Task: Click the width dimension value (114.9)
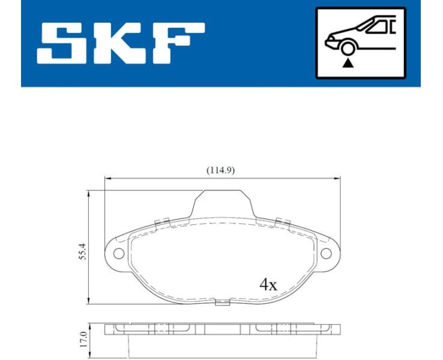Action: point(220,170)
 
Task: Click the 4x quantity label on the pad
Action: point(268,284)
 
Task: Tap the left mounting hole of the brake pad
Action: point(118,253)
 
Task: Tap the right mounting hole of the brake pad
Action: point(326,253)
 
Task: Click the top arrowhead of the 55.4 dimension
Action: point(89,193)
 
